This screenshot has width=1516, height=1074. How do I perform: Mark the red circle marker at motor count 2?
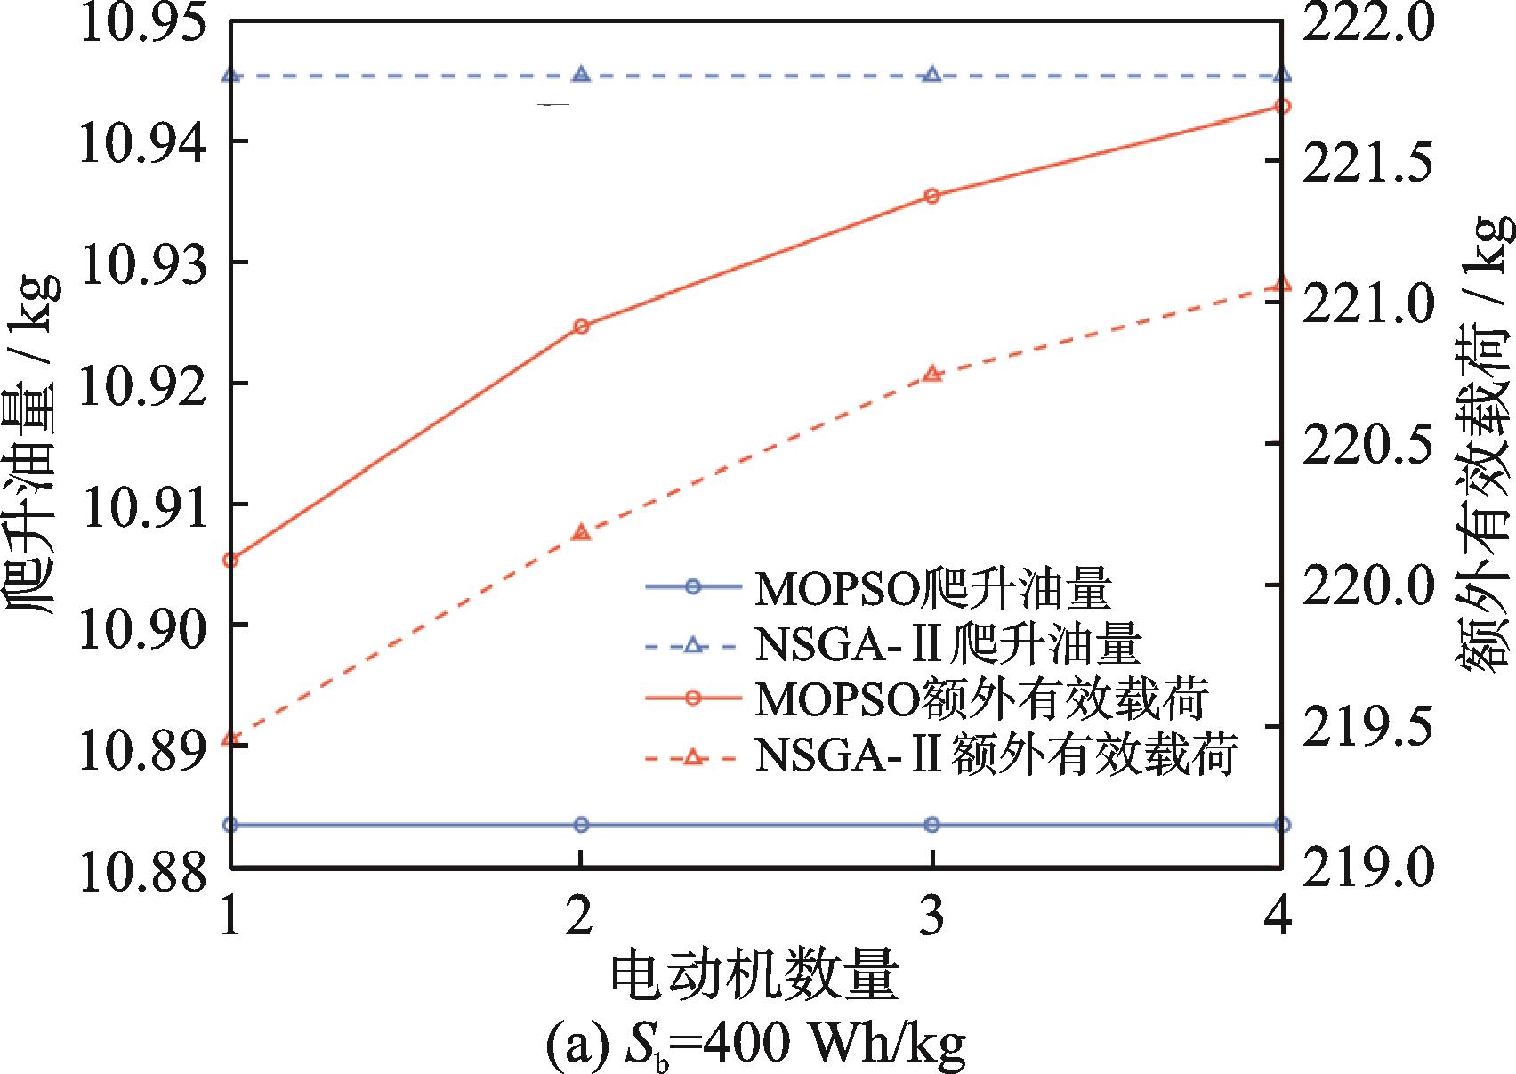click(582, 327)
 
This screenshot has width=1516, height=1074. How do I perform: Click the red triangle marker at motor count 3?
click(931, 375)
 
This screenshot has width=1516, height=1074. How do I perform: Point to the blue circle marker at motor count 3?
click(931, 825)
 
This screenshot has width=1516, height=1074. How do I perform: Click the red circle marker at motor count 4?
click(1282, 107)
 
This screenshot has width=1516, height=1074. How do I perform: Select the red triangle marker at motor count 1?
click(231, 739)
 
